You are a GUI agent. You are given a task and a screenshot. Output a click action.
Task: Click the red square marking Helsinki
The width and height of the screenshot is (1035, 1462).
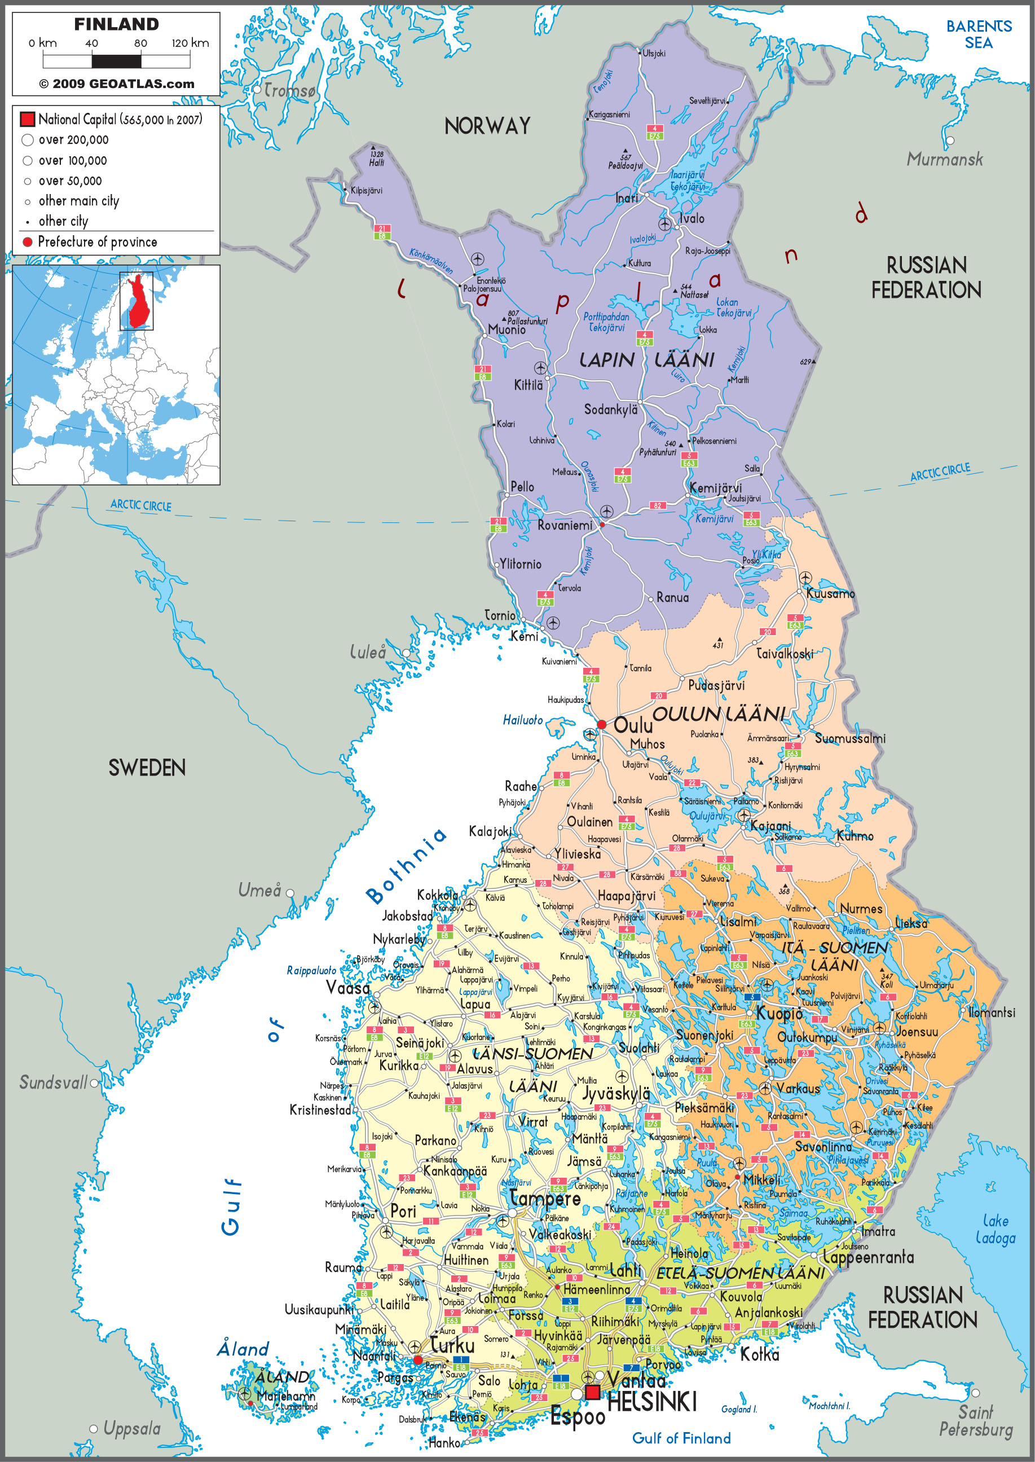(593, 1392)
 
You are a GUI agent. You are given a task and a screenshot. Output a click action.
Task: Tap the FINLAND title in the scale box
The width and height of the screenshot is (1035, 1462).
(117, 24)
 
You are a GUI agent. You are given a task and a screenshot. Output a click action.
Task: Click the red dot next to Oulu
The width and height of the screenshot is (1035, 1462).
(601, 725)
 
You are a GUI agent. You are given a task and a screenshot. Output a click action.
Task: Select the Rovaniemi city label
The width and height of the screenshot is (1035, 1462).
(565, 525)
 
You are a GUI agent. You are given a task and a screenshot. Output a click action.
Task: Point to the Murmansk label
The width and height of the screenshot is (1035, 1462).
(945, 159)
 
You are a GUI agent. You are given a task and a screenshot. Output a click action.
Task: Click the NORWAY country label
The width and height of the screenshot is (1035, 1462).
(487, 126)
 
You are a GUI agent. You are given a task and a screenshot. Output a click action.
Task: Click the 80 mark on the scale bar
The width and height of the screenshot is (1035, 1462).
(141, 43)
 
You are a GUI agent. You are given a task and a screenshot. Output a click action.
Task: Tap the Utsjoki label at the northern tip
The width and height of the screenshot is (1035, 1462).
(654, 54)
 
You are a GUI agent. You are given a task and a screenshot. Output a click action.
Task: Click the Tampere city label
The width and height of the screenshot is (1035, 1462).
(545, 1199)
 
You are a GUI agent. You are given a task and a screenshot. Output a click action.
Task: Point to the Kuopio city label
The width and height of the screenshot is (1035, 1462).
(779, 1014)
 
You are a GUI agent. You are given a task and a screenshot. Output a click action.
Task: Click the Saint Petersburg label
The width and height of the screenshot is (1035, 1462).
(975, 1421)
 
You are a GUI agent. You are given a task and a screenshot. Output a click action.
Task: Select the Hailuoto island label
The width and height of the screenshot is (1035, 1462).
(523, 720)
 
